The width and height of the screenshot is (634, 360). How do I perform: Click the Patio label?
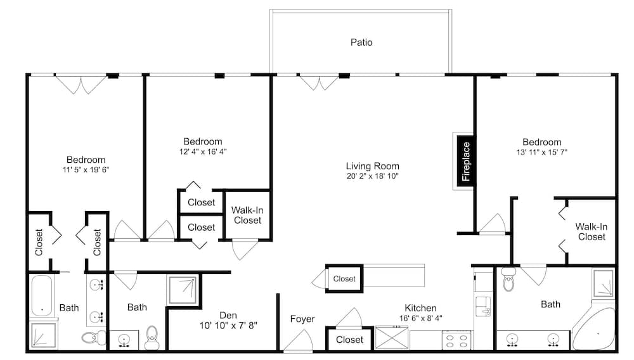click(x=361, y=42)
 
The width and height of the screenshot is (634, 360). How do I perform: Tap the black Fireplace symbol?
click(x=465, y=161)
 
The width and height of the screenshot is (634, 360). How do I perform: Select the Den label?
click(x=228, y=314)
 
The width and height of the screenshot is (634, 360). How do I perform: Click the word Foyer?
click(x=302, y=319)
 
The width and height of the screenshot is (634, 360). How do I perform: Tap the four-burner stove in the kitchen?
click(x=456, y=340)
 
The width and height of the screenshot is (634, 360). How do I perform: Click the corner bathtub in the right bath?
click(x=596, y=330)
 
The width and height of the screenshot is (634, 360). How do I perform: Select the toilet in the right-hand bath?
click(x=508, y=280)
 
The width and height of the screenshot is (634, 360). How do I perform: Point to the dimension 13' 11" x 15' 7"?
click(x=542, y=152)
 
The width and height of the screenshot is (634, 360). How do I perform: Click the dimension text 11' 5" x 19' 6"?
click(x=86, y=170)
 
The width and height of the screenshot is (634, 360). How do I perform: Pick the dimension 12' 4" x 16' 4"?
click(x=203, y=151)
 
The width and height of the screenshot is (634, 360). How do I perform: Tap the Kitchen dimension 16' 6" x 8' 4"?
click(x=421, y=318)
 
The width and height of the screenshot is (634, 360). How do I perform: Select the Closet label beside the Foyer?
click(x=349, y=339)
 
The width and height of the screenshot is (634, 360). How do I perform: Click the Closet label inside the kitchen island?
click(x=344, y=279)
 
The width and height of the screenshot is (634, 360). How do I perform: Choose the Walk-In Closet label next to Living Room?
click(x=247, y=215)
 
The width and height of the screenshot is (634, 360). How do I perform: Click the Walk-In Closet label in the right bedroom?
click(x=592, y=231)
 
